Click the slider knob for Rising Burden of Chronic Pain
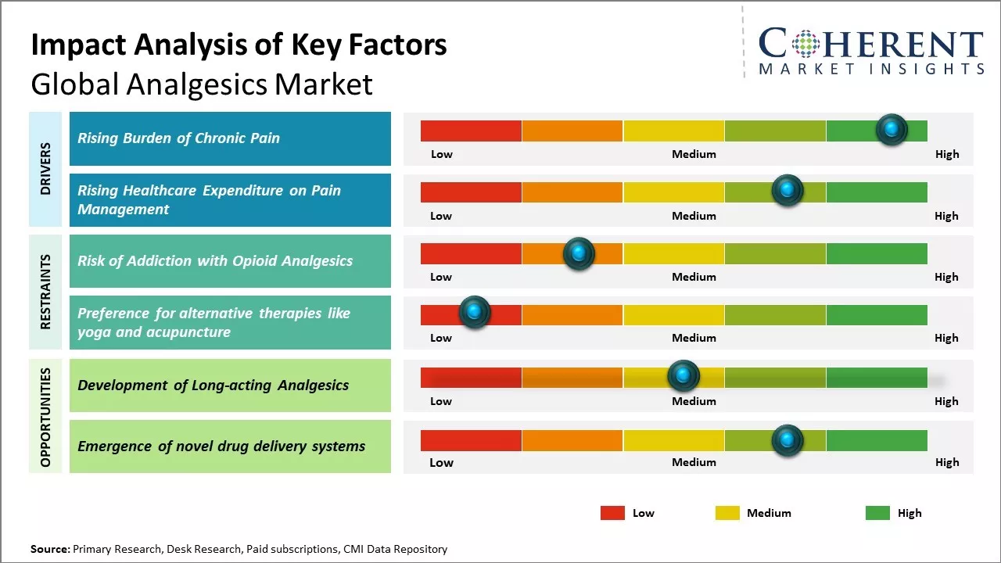(892, 129)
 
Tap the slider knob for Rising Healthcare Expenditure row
(788, 190)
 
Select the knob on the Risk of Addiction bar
(579, 253)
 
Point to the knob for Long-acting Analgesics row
(683, 376)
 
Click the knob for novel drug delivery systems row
(788, 440)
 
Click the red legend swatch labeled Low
(612, 513)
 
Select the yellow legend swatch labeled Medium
(727, 513)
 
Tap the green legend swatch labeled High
(877, 513)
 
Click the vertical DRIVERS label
(45, 168)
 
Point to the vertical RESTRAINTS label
(45, 291)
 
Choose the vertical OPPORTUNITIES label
(45, 417)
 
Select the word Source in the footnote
(49, 549)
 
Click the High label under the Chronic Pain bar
(946, 154)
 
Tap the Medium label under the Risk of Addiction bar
(694, 277)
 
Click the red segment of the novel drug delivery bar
(471, 440)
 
